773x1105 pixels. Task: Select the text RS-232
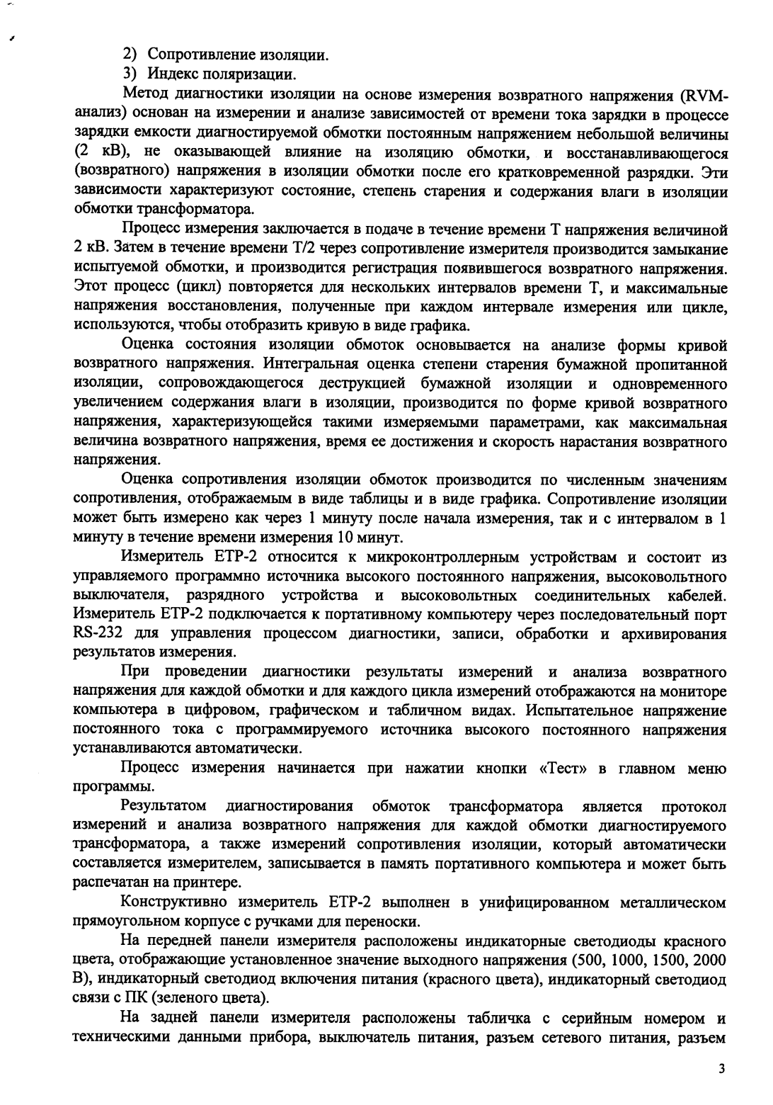98,633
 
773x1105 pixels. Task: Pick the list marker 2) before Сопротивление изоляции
131,54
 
